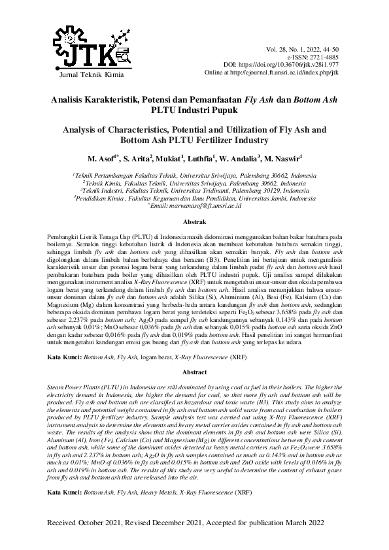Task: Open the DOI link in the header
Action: click(300, 65)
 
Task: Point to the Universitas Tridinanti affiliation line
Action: click(194, 191)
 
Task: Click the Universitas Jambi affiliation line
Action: click(194, 198)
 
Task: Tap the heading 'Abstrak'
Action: click(194, 223)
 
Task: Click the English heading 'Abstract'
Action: click(194, 372)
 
